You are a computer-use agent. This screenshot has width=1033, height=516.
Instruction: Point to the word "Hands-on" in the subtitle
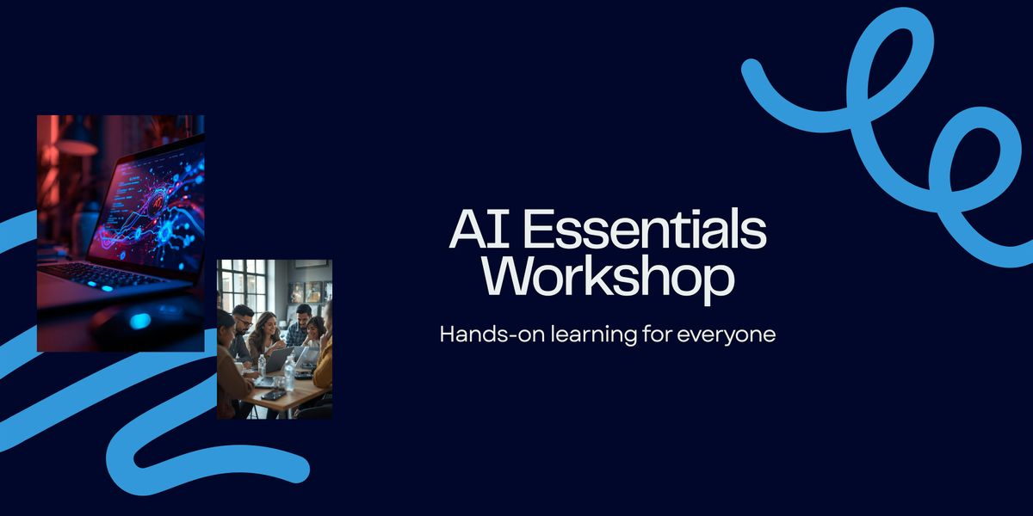click(482, 334)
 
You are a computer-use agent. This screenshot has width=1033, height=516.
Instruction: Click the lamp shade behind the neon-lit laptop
click(77, 146)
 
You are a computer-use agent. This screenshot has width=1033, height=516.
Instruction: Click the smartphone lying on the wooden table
click(274, 394)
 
